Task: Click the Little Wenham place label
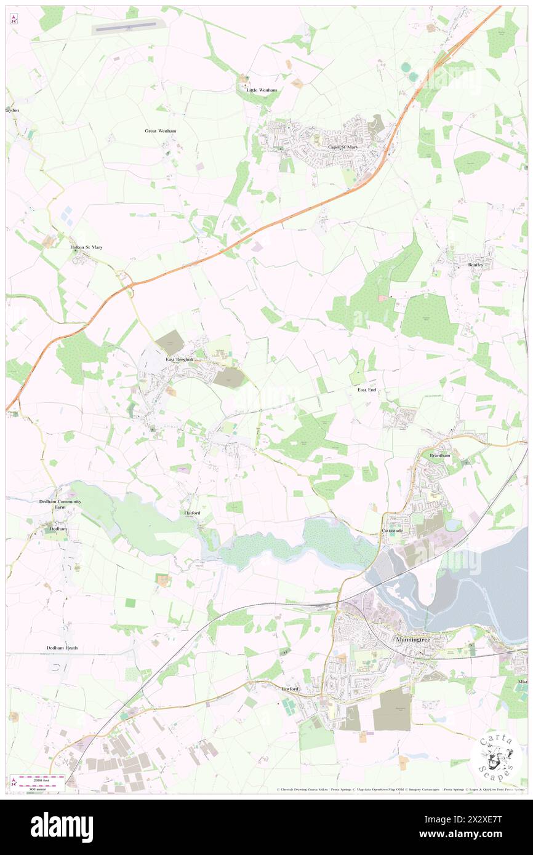[262, 90]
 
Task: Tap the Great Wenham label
[161, 131]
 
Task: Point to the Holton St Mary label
[86, 247]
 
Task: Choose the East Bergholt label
[179, 360]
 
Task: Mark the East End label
[367, 390]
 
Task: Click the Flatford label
[192, 512]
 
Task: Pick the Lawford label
[290, 689]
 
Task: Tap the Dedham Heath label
[62, 648]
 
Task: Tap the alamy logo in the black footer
[62, 827]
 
